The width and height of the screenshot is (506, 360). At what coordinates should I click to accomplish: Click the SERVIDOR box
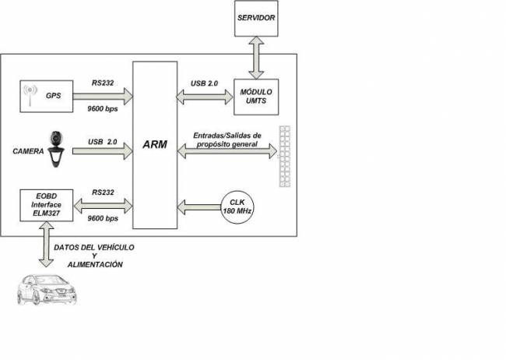pyautogui.click(x=256, y=19)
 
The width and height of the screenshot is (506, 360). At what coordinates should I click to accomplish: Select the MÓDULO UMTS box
pyautogui.click(x=256, y=97)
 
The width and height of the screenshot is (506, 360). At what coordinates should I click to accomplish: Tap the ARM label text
pyautogui.click(x=155, y=144)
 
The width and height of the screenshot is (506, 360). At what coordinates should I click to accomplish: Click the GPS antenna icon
pyautogui.click(x=30, y=96)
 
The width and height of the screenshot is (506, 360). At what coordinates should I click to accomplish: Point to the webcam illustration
pyautogui.click(x=56, y=150)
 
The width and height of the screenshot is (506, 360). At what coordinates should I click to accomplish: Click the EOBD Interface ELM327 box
pyautogui.click(x=47, y=206)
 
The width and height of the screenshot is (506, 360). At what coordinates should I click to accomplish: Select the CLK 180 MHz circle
pyautogui.click(x=237, y=207)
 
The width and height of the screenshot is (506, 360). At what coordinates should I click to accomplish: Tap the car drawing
pyautogui.click(x=47, y=290)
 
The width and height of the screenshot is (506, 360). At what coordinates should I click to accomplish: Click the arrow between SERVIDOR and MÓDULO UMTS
pyautogui.click(x=256, y=58)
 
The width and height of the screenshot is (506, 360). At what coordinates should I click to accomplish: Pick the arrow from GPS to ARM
pyautogui.click(x=103, y=97)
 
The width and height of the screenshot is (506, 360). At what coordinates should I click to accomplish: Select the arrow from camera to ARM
pyautogui.click(x=103, y=151)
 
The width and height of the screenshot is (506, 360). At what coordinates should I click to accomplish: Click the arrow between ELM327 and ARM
pyautogui.click(x=103, y=206)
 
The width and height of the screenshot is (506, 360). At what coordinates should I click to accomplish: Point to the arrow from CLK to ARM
pyautogui.click(x=199, y=207)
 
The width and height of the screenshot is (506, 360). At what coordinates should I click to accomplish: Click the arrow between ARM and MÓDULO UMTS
pyautogui.click(x=205, y=97)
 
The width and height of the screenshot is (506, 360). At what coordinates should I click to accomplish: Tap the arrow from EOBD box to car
pyautogui.click(x=46, y=245)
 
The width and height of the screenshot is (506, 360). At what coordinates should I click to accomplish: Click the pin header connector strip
pyautogui.click(x=285, y=157)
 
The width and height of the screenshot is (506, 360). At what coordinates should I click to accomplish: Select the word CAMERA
pyautogui.click(x=28, y=151)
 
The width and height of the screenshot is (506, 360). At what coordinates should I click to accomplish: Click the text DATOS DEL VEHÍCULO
pyautogui.click(x=94, y=248)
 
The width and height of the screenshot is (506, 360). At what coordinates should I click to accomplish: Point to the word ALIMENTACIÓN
pyautogui.click(x=95, y=265)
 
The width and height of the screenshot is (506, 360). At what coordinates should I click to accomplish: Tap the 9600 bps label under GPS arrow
pyautogui.click(x=103, y=109)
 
